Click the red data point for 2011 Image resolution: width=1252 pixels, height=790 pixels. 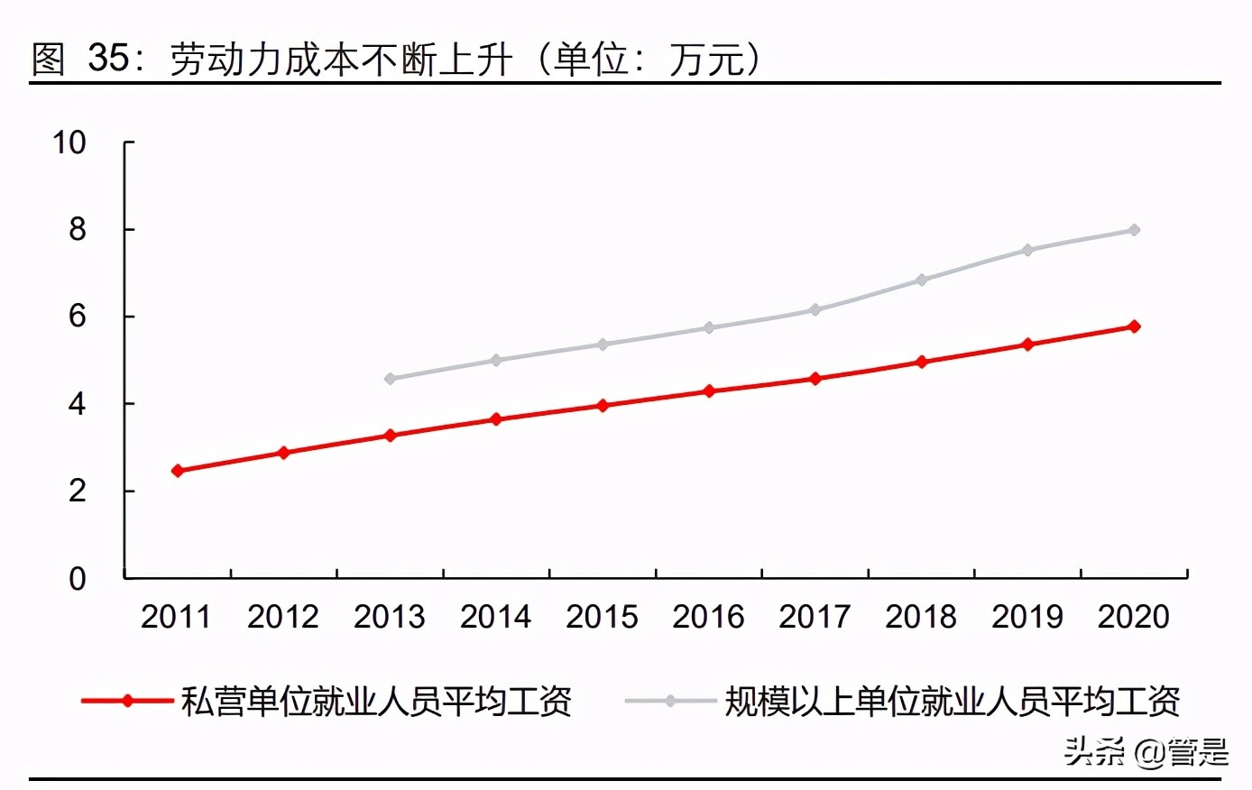tap(178, 471)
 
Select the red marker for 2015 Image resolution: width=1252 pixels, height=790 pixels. tap(603, 406)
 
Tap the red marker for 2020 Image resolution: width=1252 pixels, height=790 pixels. tap(1134, 326)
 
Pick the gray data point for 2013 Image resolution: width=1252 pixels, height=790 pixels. tap(390, 379)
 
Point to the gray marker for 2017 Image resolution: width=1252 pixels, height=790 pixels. tap(815, 309)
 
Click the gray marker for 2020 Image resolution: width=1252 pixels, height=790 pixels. tap(1134, 230)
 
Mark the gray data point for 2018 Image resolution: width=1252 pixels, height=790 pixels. tap(921, 280)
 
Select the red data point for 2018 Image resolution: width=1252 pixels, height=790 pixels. tap(921, 362)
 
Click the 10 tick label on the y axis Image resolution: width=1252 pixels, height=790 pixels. tap(69, 142)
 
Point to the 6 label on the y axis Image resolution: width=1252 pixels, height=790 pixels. tap(78, 317)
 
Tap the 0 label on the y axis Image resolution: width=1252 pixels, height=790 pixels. tap(78, 578)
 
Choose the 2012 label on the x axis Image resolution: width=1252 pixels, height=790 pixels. tap(283, 617)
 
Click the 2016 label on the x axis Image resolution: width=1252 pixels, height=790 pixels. tap(708, 617)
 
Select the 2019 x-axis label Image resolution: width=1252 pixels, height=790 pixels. tap(1027, 617)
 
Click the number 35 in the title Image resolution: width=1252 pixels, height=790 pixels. tap(108, 59)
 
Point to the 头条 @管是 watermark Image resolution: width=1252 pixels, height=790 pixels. tap(1146, 751)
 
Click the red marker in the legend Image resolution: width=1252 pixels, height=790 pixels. tap(127, 701)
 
